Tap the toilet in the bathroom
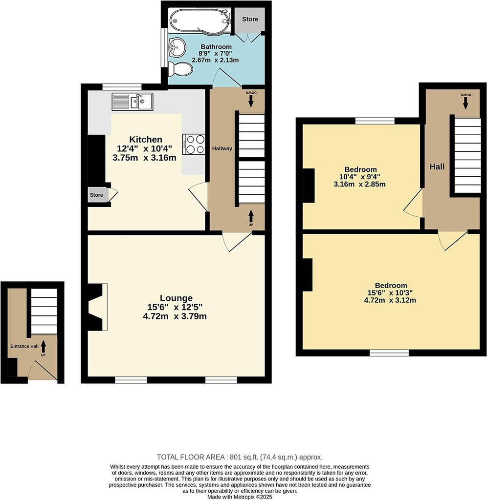pos(180,69)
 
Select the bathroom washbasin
pos(177,47)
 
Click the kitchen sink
pos(132,102)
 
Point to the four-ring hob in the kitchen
pos(194,144)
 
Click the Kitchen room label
pos(146,139)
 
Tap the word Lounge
pos(177,298)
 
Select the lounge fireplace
pos(96,307)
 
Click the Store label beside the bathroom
pos(250,19)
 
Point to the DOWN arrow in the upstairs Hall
pos(465,103)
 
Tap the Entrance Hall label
pos(24,346)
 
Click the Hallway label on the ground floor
pos(222,148)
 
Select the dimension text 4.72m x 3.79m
pos(175,316)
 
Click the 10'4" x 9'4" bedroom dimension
pos(359,177)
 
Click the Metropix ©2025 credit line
pos(240,497)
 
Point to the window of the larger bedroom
pos(389,353)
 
